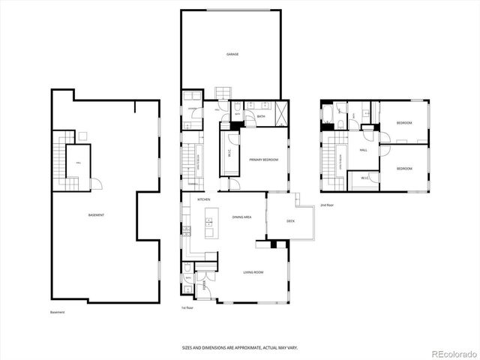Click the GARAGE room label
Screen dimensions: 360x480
pyautogui.click(x=232, y=55)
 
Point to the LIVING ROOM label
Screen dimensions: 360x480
pyautogui.click(x=253, y=271)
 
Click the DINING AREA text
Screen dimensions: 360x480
pyautogui.click(x=241, y=217)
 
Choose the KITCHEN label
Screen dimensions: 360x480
pyautogui.click(x=203, y=199)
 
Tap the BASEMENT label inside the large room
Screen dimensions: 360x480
pyautogui.click(x=96, y=215)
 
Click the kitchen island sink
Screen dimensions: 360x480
pyautogui.click(x=209, y=222)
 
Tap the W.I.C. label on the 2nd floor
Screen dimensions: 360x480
pyautogui.click(x=364, y=178)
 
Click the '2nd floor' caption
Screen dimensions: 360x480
pyautogui.click(x=326, y=205)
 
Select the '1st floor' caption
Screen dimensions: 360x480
pyautogui.click(x=187, y=307)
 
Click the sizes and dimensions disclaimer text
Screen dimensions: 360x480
pyautogui.click(x=240, y=346)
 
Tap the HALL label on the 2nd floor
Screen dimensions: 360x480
pyautogui.click(x=363, y=150)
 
